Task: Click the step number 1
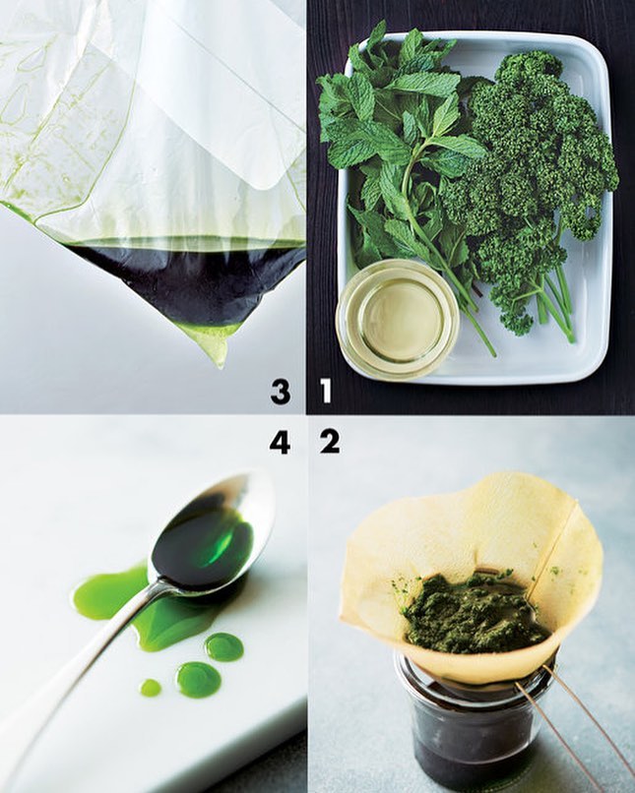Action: pyautogui.click(x=325, y=391)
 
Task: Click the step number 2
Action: pyautogui.click(x=330, y=442)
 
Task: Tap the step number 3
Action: pyautogui.click(x=281, y=392)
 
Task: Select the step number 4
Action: pyautogui.click(x=280, y=442)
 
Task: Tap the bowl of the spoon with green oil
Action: pyautogui.click(x=210, y=536)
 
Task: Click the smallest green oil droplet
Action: pyautogui.click(x=151, y=688)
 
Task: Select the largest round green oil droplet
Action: pyautogui.click(x=198, y=679)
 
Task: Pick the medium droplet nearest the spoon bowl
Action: pyautogui.click(x=224, y=646)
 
